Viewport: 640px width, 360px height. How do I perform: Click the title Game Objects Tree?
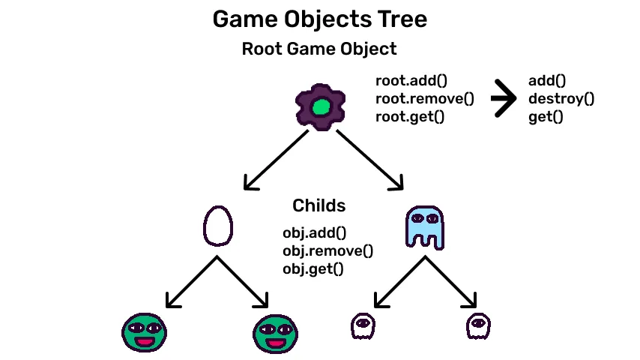[x=319, y=19]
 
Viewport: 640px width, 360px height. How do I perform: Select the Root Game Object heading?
[x=319, y=49]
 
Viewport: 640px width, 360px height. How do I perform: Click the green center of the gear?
[x=321, y=108]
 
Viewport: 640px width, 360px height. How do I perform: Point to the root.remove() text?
[x=425, y=98]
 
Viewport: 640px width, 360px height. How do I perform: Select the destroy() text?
[x=561, y=98]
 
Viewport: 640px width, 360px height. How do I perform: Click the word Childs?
[x=319, y=205]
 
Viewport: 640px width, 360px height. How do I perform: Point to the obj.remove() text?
[x=327, y=250]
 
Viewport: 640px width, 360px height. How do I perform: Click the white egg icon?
[x=218, y=226]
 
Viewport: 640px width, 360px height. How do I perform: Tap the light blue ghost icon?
[x=424, y=227]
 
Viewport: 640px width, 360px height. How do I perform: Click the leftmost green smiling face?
[x=144, y=333]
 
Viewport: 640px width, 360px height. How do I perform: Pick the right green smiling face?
[x=277, y=333]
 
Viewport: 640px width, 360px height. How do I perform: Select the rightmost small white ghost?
[x=478, y=326]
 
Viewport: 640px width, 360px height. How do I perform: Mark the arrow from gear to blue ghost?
[x=369, y=158]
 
